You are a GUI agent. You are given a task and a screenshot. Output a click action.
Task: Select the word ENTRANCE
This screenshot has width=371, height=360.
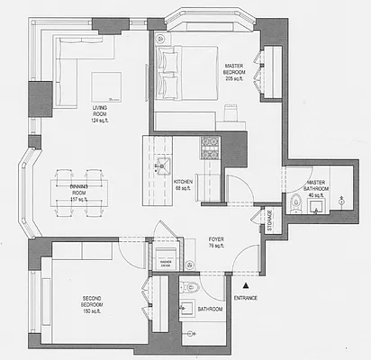[x=247, y=297]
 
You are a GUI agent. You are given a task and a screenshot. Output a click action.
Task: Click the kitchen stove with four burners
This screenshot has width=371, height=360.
[x=210, y=147]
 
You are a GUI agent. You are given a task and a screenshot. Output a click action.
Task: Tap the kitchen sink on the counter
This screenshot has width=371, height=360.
[x=160, y=166]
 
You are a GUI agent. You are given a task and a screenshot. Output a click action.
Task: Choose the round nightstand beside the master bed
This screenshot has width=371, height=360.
[x=163, y=40]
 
